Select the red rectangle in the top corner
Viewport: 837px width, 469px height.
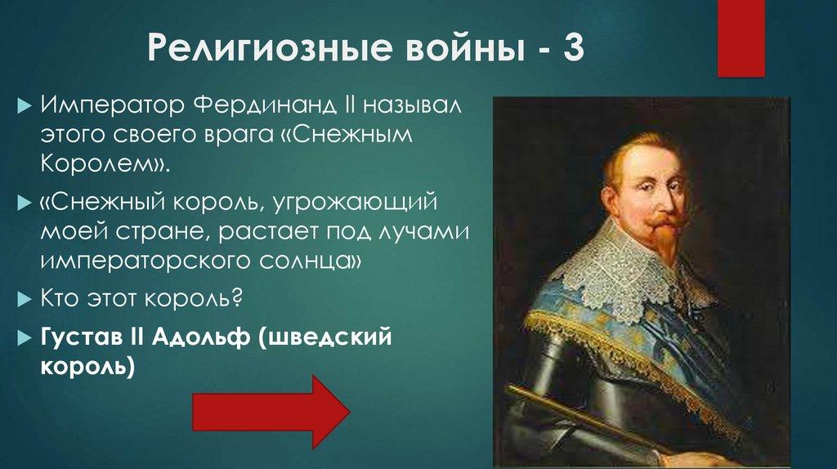point(741,38)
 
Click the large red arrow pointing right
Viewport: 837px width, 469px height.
point(271,405)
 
